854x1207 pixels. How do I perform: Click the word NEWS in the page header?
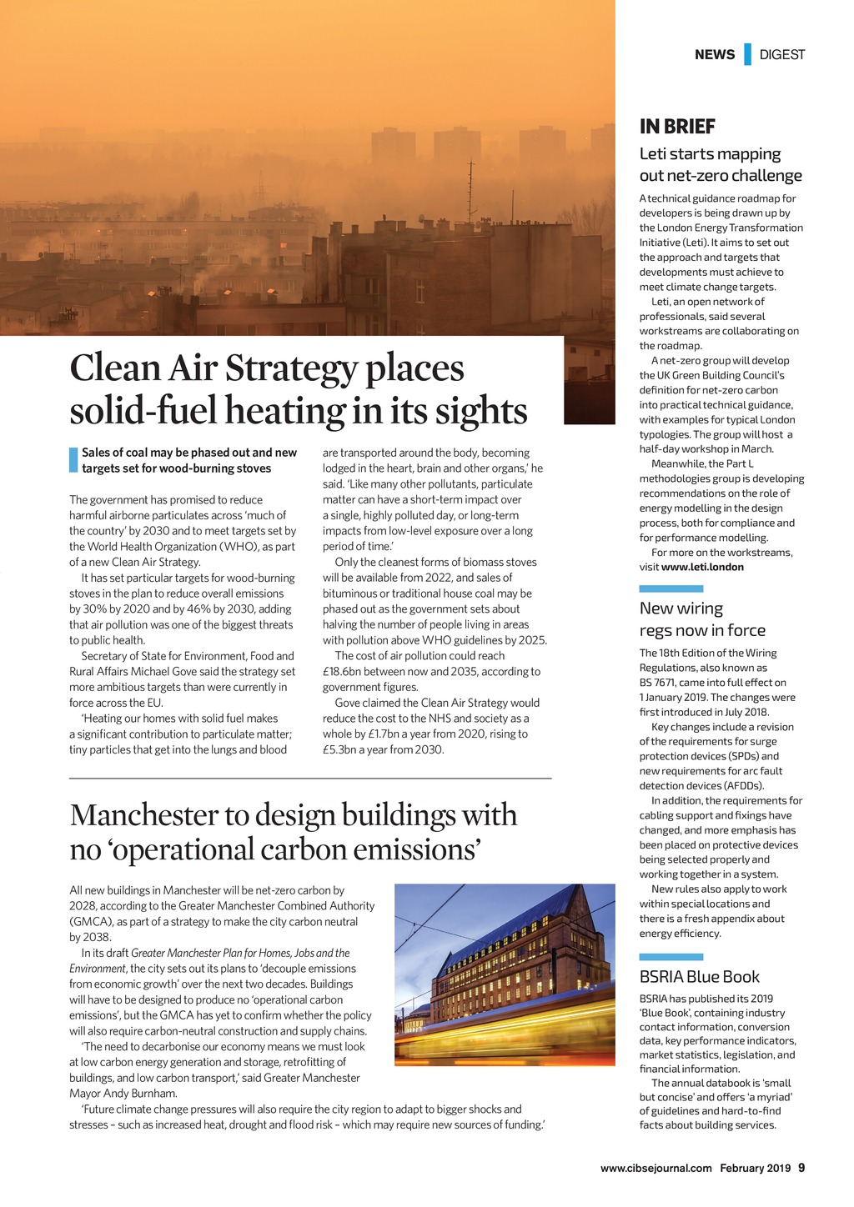click(715, 55)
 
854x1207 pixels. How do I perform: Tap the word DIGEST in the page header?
click(782, 55)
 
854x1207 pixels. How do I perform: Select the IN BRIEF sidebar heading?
click(677, 127)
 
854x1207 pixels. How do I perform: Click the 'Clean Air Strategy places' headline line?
click(267, 368)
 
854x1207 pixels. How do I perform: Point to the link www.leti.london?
click(702, 567)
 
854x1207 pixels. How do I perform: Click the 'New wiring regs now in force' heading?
click(702, 619)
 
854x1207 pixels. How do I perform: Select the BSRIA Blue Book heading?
click(700, 976)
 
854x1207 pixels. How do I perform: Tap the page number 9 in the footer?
click(801, 1168)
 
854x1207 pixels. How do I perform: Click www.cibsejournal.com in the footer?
click(656, 1168)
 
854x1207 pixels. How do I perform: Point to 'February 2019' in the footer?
click(756, 1168)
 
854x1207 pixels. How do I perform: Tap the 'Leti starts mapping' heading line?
click(710, 154)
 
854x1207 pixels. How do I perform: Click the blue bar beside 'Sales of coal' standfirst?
click(73, 460)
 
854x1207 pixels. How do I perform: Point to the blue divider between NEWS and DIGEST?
click(747, 54)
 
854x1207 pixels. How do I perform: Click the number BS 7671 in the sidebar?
click(658, 683)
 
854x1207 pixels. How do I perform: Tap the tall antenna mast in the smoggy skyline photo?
click(471, 188)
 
